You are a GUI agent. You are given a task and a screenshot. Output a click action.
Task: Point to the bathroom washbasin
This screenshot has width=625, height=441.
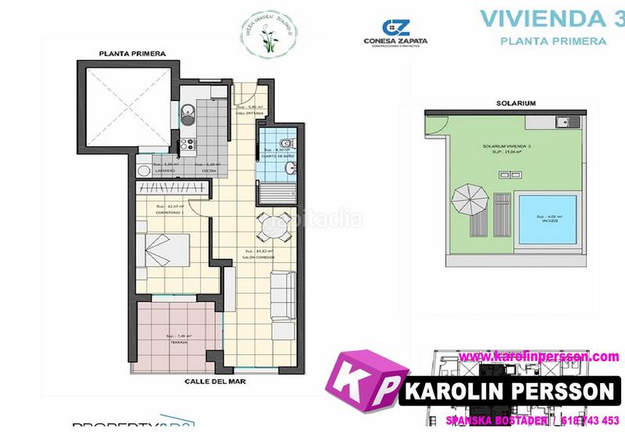[x=291, y=167]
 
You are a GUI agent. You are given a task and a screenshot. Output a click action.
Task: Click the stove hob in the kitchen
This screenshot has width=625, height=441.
[x=187, y=143]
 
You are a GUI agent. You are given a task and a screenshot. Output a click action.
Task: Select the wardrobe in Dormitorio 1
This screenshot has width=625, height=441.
[x=173, y=187]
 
